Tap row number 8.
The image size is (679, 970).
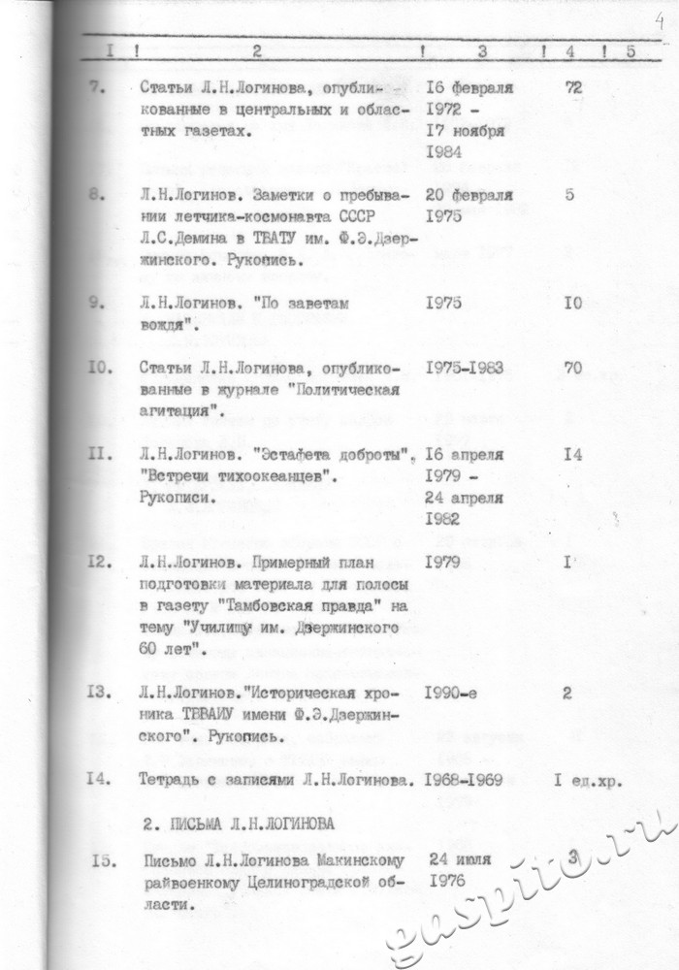(x=96, y=194)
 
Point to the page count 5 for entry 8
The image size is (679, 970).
(x=569, y=194)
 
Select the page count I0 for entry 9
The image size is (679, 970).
(x=572, y=303)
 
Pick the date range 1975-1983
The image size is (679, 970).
(x=469, y=369)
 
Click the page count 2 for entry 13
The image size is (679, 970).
(x=567, y=693)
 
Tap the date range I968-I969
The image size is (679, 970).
(x=469, y=780)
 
